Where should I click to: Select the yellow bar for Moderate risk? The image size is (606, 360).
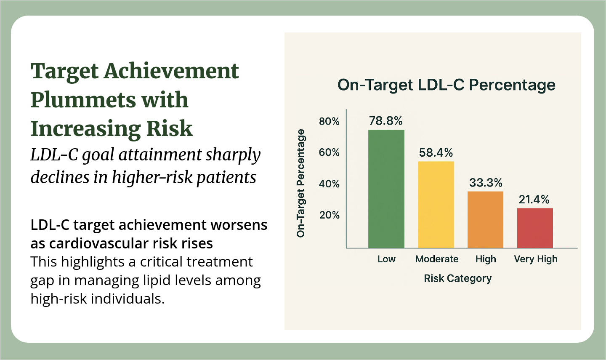(x=436, y=205)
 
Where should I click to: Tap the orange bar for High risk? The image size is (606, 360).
(x=486, y=220)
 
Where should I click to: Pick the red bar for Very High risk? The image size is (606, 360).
(x=535, y=228)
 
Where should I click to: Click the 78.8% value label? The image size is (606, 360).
(x=386, y=121)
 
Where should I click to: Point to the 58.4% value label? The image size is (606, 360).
(x=436, y=153)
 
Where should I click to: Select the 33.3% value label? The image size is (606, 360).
(x=486, y=183)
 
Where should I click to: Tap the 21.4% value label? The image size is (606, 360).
(x=534, y=200)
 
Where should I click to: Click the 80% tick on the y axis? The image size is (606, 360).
(x=329, y=122)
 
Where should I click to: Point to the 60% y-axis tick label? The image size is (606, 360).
(x=329, y=152)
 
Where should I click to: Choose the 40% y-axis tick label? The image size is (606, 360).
(x=329, y=184)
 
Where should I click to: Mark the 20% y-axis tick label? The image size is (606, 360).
(x=329, y=215)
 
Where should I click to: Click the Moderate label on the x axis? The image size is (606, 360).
(x=437, y=259)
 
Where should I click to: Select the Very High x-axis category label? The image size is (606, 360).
(x=536, y=259)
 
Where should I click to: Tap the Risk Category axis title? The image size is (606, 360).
(x=458, y=278)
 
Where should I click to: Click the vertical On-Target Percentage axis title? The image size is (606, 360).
(x=300, y=183)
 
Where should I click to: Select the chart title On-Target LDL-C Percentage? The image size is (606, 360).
(x=447, y=85)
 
